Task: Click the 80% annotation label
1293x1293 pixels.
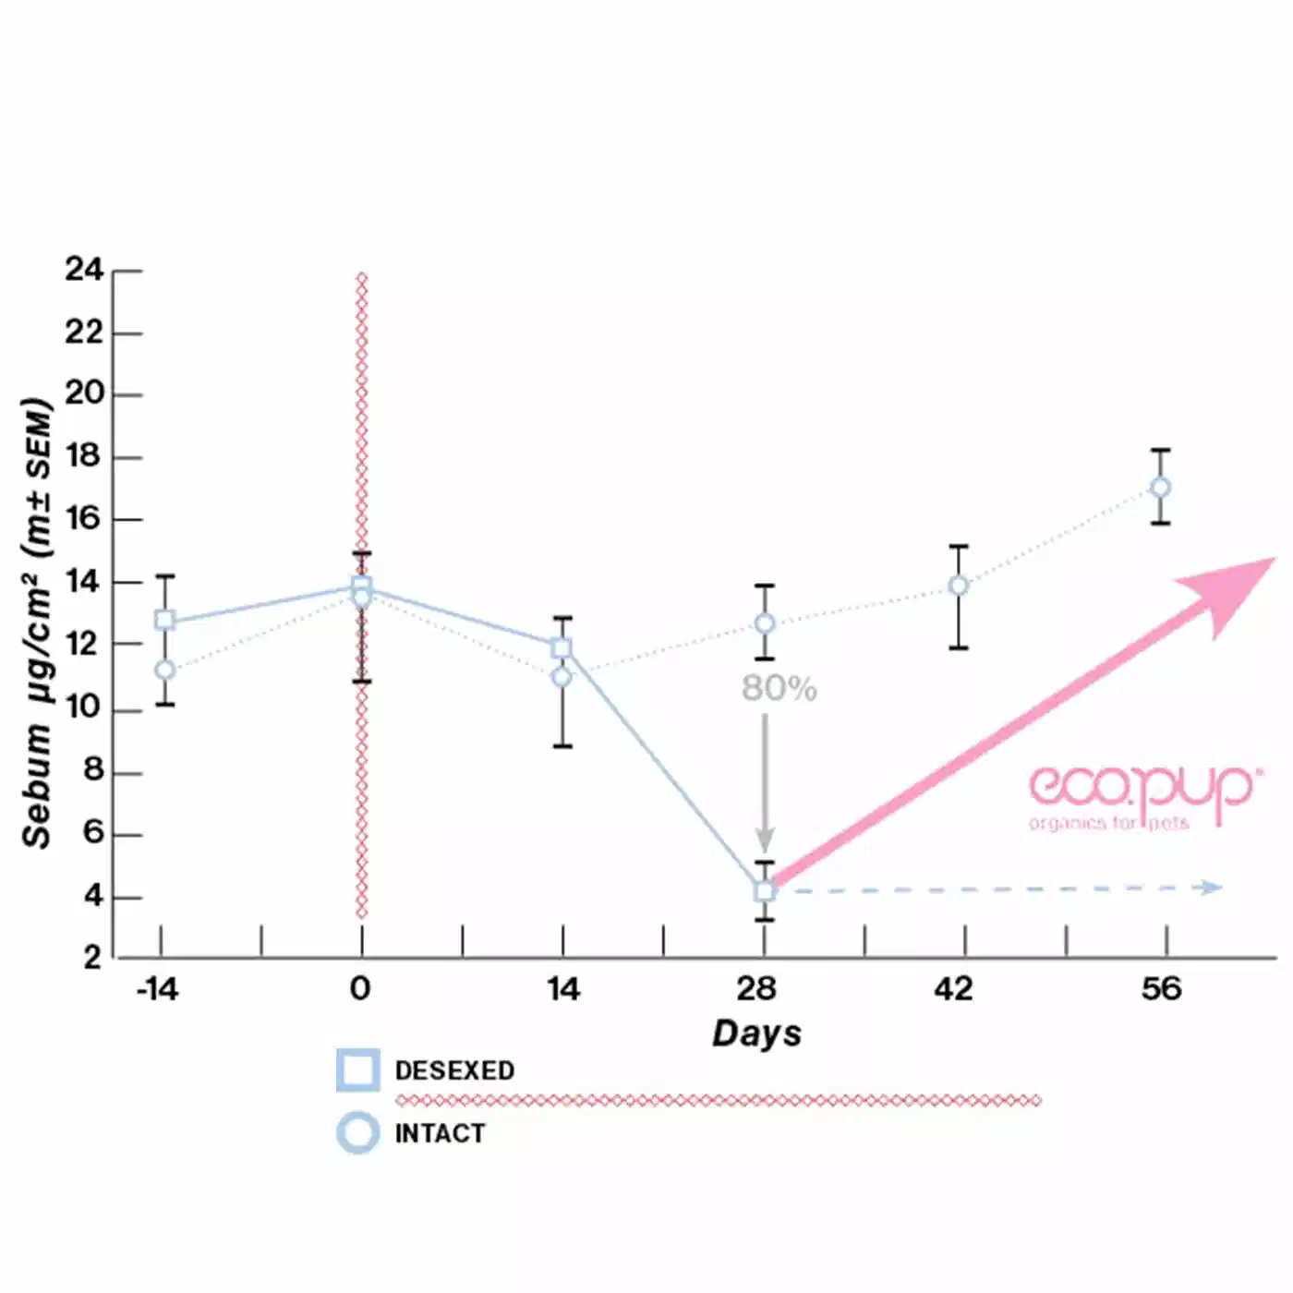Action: (x=779, y=689)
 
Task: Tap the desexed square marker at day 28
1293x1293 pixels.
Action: (x=765, y=891)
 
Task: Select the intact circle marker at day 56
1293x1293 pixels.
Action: (x=1161, y=488)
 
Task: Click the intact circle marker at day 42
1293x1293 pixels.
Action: (x=959, y=586)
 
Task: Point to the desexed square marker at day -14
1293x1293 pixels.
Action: (x=165, y=620)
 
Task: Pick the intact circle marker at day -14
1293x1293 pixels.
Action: (x=165, y=670)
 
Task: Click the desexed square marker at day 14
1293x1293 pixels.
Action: (x=562, y=648)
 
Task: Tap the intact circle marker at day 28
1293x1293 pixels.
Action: (x=765, y=624)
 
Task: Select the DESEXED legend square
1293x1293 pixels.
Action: (x=357, y=1070)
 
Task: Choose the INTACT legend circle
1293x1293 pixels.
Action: (x=357, y=1133)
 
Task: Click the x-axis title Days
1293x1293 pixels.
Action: (x=756, y=1033)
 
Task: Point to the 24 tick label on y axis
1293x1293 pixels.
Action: (x=84, y=270)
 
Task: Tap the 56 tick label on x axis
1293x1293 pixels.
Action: (x=1161, y=989)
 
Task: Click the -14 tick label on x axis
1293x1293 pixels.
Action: (x=157, y=989)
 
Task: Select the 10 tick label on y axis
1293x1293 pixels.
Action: (x=83, y=708)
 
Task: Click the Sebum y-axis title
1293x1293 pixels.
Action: (x=37, y=623)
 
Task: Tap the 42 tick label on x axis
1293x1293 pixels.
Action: (x=953, y=989)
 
